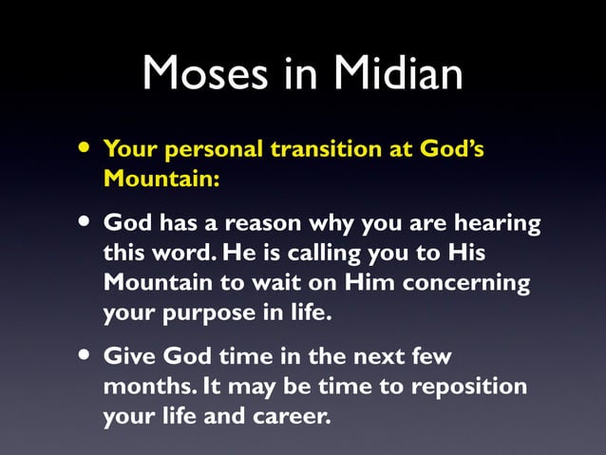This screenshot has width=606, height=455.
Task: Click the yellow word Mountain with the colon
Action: (x=161, y=178)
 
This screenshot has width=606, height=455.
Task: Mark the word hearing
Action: (x=499, y=226)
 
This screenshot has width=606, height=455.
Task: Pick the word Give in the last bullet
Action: (x=129, y=357)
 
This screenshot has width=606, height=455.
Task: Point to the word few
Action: (x=431, y=357)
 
